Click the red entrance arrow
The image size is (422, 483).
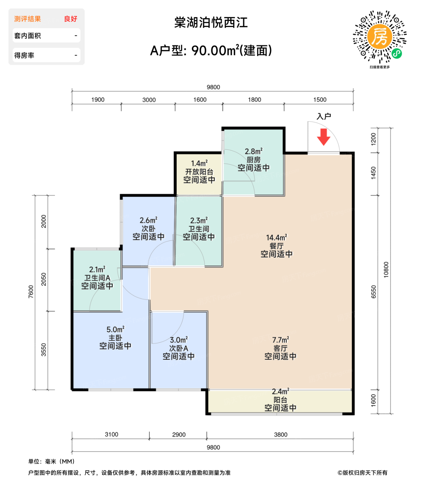click(x=323, y=137)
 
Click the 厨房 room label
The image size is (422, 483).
click(x=254, y=160)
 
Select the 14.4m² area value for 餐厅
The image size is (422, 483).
click(x=276, y=237)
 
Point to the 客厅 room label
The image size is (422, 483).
click(x=280, y=348)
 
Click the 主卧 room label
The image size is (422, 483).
click(x=115, y=338)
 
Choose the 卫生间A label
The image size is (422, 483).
click(x=97, y=278)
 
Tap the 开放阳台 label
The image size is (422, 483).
click(x=199, y=171)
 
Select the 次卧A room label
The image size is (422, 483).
click(x=178, y=348)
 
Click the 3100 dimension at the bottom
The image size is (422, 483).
click(x=111, y=434)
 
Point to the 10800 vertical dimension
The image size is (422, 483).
click(x=386, y=269)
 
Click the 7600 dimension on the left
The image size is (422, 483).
click(x=31, y=292)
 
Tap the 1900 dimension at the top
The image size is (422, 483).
click(x=98, y=100)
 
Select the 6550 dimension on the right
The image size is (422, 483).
click(x=373, y=292)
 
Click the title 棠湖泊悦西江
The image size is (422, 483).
click(x=211, y=23)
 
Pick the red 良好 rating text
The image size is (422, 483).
click(x=71, y=19)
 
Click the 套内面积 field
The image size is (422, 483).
click(x=46, y=36)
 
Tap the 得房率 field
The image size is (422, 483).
click(x=46, y=55)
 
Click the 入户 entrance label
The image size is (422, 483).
click(x=324, y=117)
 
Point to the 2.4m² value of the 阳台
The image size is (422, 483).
click(x=280, y=392)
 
